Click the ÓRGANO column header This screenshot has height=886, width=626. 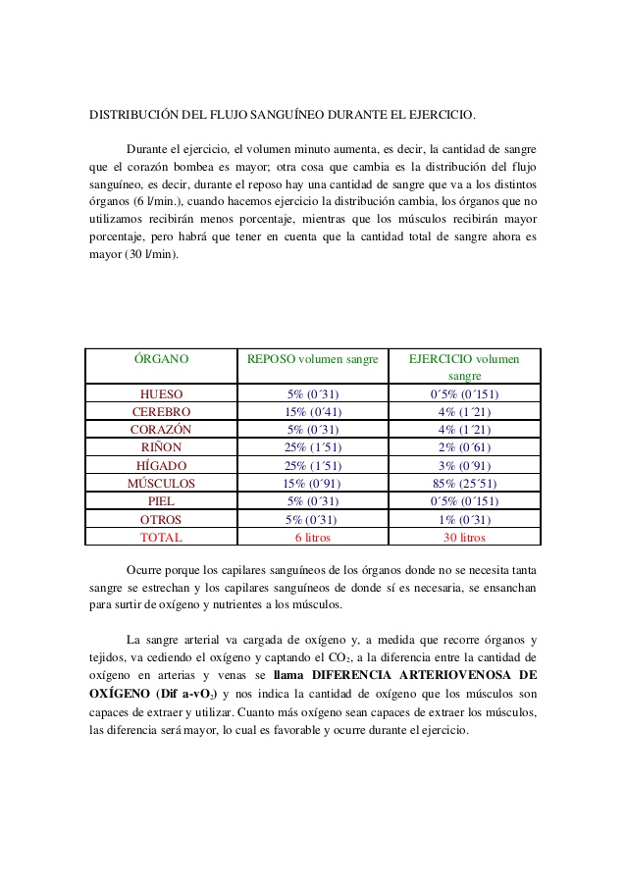pos(161,359)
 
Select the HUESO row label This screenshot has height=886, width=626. pos(161,393)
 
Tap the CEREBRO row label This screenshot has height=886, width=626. pos(161,412)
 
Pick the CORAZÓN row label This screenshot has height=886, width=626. pos(161,430)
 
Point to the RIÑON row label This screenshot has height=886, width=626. pos(161,447)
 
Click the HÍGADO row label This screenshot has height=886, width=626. pos(161,465)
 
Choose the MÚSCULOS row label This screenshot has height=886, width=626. pos(161,484)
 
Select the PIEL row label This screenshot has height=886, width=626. pos(161,501)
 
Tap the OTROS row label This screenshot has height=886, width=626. pos(161,519)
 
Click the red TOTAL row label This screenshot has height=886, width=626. pos(161,538)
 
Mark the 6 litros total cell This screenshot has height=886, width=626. pos(312,538)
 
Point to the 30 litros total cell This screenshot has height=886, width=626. pos(464,538)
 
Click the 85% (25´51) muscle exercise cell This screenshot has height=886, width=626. pos(464,484)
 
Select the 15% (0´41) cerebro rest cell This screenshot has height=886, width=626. pos(312,412)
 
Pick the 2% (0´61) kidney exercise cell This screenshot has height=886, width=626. pos(464,447)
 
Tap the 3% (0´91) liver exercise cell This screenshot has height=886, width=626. pos(464,465)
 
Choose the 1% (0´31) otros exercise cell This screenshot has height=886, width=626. pos(464,519)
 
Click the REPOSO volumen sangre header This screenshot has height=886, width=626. pos(312,359)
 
